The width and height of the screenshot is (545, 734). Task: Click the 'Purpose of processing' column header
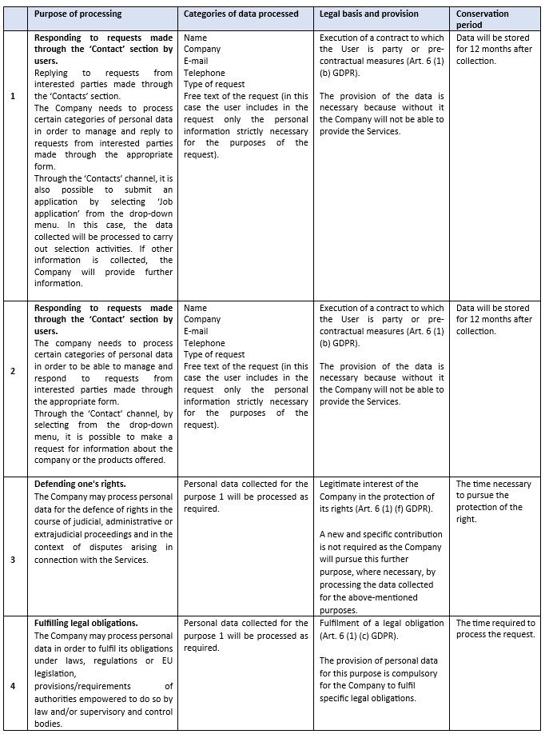click(78, 14)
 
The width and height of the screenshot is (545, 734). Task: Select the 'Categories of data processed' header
click(241, 14)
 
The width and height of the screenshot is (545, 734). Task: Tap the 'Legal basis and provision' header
click(370, 14)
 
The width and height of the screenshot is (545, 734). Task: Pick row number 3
click(12, 560)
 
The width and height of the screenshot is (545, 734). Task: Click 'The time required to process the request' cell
click(495, 628)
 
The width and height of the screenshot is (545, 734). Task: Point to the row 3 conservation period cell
click(493, 501)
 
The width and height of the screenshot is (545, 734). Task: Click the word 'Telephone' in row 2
click(204, 343)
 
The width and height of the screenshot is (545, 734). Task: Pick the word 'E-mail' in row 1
click(197, 61)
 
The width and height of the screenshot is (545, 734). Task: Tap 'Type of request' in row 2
click(214, 354)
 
